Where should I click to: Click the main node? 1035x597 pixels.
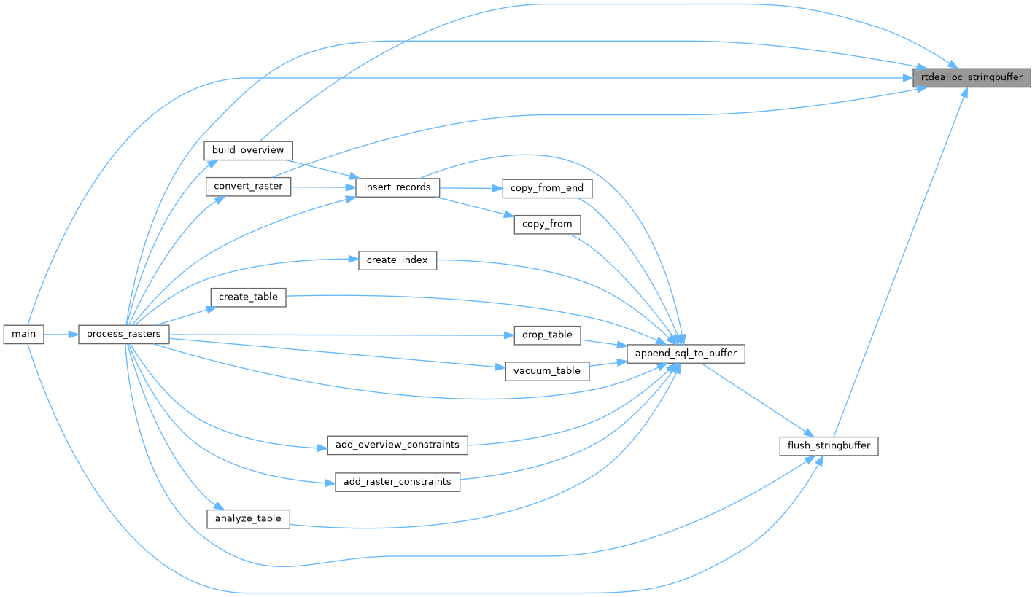[x=24, y=335]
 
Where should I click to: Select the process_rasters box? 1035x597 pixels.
[x=124, y=335]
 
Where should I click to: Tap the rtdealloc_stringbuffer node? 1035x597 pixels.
[x=972, y=77]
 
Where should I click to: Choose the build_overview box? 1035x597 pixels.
[x=248, y=150]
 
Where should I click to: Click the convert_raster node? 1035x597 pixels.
[x=248, y=187]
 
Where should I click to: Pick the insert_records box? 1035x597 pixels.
[x=398, y=187]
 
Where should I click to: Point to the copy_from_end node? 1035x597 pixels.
[x=547, y=188]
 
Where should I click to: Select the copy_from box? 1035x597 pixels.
[x=547, y=224]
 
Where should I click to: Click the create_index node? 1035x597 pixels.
[x=398, y=260]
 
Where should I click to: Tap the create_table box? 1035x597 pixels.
[x=248, y=297]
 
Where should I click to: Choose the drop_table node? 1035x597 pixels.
[x=547, y=335]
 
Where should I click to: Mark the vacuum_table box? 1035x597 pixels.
[x=547, y=371]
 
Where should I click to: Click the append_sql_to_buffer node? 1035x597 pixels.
[x=686, y=354]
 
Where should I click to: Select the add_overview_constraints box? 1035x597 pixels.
[x=398, y=445]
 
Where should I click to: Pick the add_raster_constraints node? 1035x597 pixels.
[x=398, y=481]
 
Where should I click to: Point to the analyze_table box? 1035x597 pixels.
[x=248, y=518]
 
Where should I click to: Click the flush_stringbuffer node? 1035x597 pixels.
[x=829, y=445]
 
